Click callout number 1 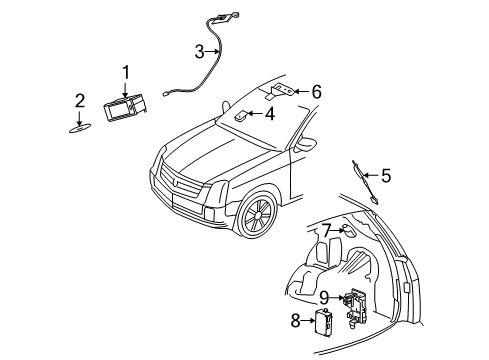click(126, 71)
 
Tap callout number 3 click(199, 51)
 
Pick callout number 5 click(385, 176)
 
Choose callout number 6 click(316, 92)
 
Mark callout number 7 click(326, 231)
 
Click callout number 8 click(295, 320)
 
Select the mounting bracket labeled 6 click(281, 91)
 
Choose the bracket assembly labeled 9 click(354, 304)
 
